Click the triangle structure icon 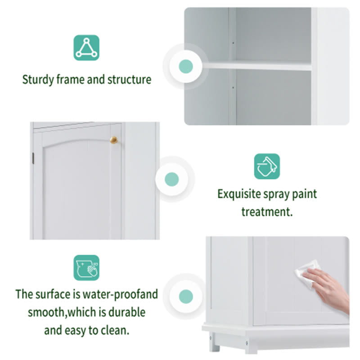pyautogui.click(x=86, y=48)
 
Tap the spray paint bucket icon pyautogui.click(x=267, y=166)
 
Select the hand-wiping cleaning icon pyautogui.click(x=86, y=268)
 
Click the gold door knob pyautogui.click(x=113, y=140)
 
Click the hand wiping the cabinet pyautogui.click(x=328, y=288)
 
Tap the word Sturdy pyautogui.click(x=38, y=80)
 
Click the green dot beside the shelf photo pyautogui.click(x=185, y=67)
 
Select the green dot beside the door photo pyautogui.click(x=172, y=179)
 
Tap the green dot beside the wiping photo pyautogui.click(x=185, y=296)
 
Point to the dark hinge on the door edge pyautogui.click(x=33, y=157)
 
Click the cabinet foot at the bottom pyautogui.click(x=215, y=344)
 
